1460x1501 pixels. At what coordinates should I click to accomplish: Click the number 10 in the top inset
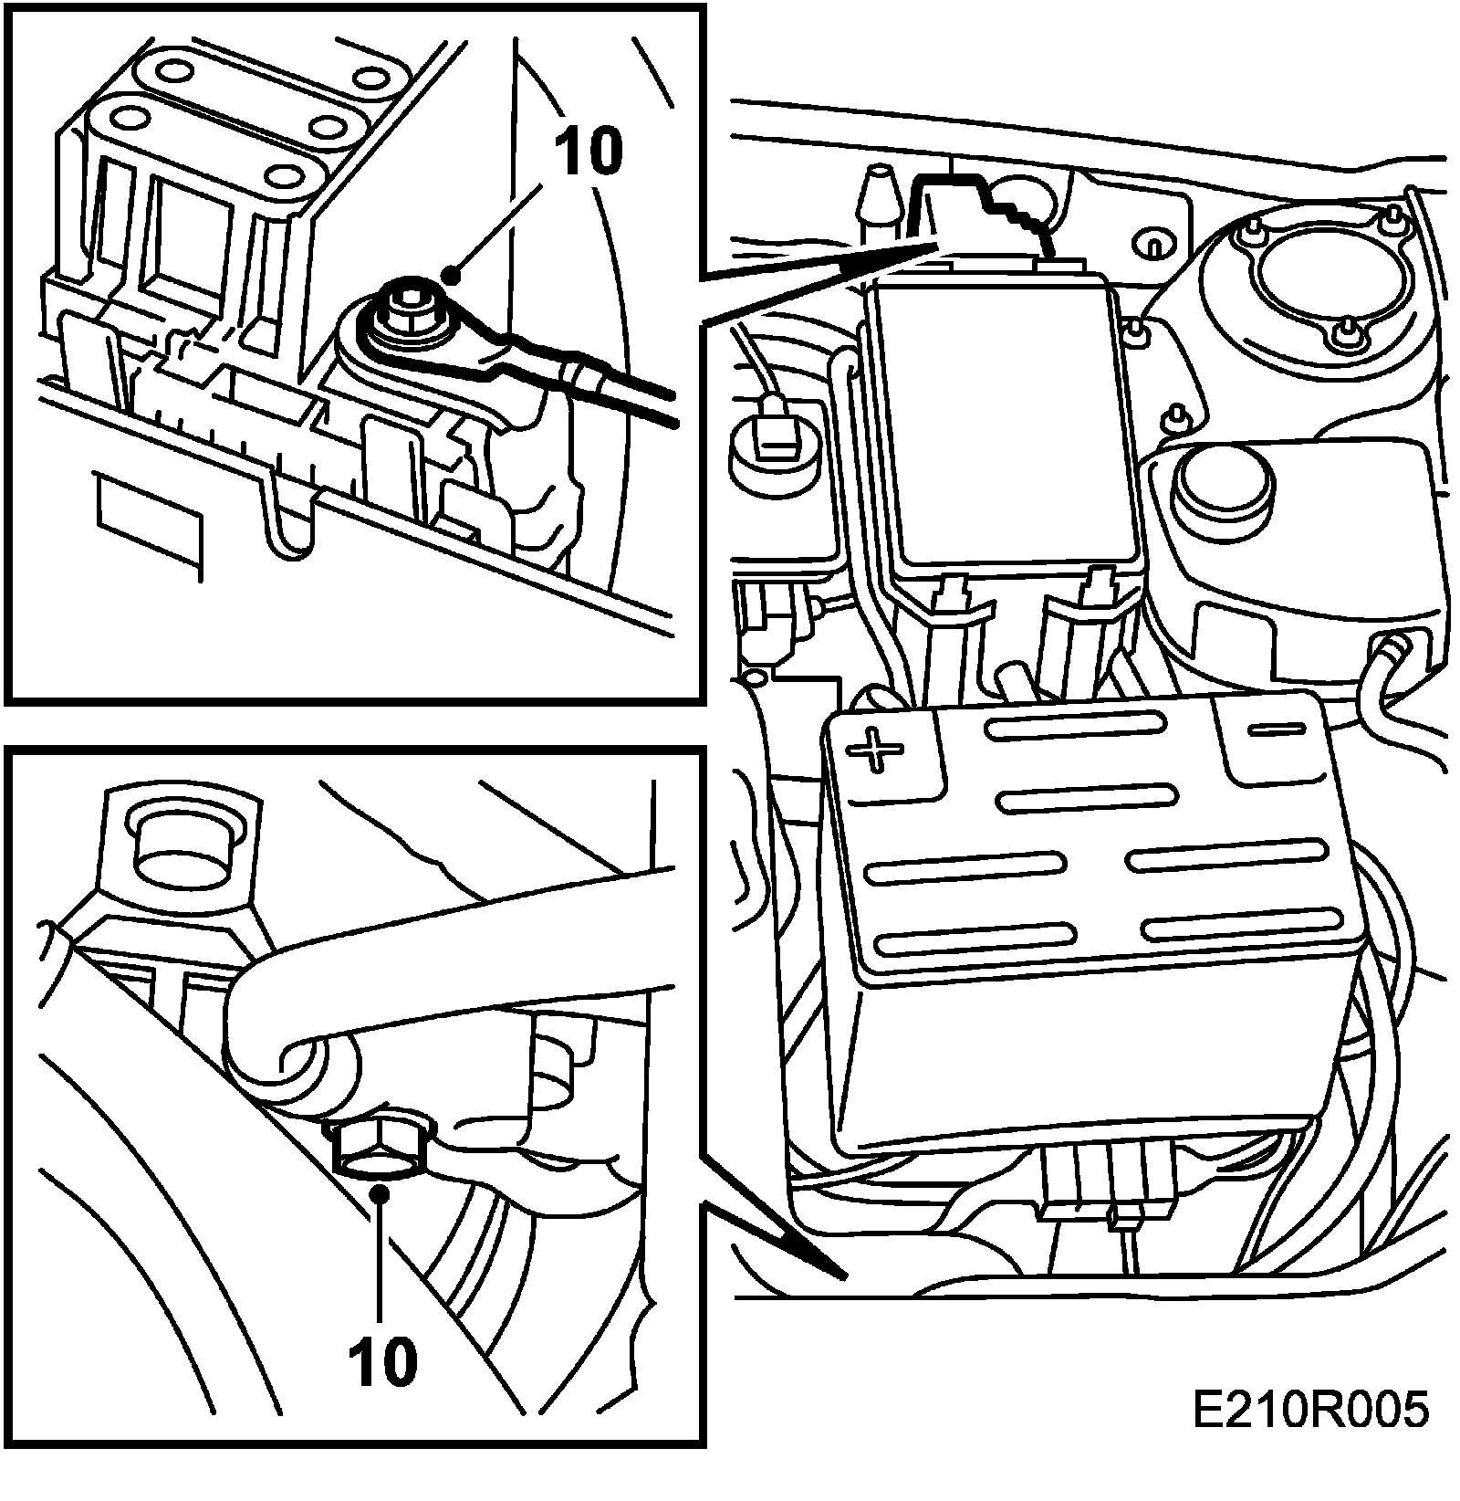589,152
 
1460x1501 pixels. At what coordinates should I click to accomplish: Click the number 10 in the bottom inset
382,1361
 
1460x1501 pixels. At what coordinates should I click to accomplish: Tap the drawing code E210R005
1310,1412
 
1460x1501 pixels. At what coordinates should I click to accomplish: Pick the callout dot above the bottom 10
382,1192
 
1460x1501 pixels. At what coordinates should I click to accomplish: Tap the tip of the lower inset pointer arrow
845,1274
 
